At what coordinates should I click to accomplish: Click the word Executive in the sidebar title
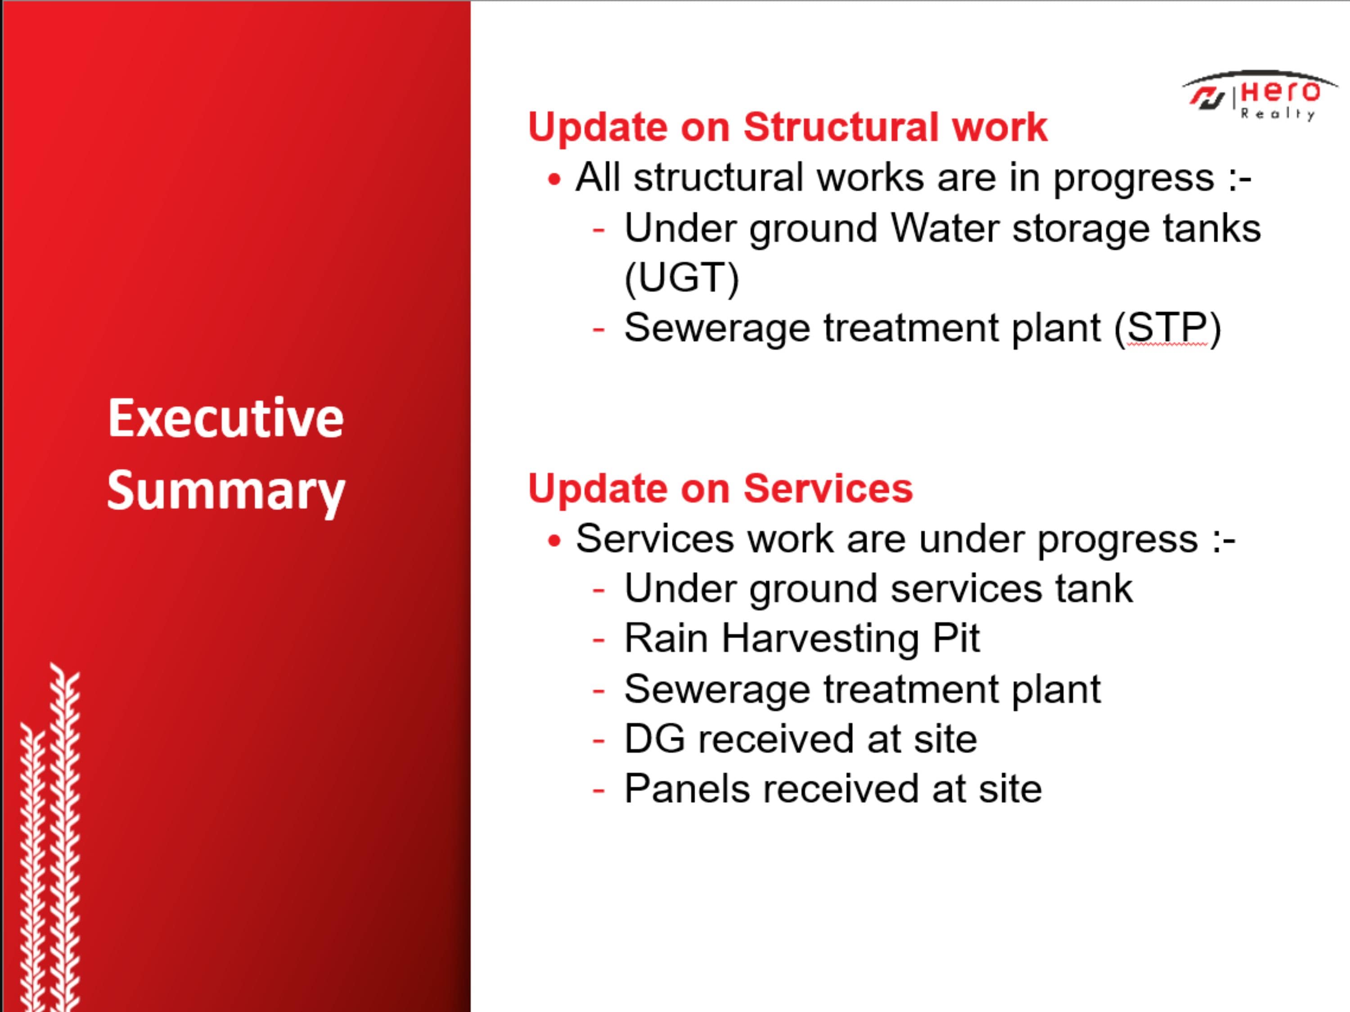[x=226, y=418]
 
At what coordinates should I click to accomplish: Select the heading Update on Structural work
[x=787, y=127]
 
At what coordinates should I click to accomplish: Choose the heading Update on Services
[x=720, y=488]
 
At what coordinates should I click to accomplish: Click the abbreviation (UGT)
[x=682, y=278]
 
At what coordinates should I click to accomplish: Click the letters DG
[x=654, y=739]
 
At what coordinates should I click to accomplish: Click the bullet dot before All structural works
[x=554, y=180]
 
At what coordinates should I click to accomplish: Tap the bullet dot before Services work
[x=554, y=541]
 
